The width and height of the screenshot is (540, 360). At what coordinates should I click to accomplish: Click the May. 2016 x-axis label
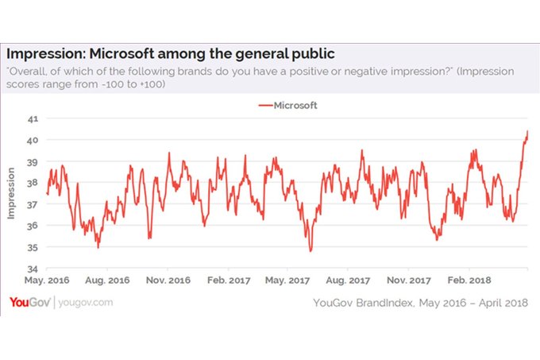pyautogui.click(x=47, y=281)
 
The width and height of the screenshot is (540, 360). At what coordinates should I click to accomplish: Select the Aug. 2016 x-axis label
pyautogui.click(x=107, y=281)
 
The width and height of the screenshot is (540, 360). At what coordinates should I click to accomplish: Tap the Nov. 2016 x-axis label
pyautogui.click(x=168, y=281)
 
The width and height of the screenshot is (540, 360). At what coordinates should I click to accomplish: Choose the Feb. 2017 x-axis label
pyautogui.click(x=229, y=281)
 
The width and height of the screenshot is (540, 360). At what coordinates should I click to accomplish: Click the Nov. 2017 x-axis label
pyautogui.click(x=410, y=281)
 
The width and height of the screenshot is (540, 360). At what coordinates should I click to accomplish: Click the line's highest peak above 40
pyautogui.click(x=527, y=131)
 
